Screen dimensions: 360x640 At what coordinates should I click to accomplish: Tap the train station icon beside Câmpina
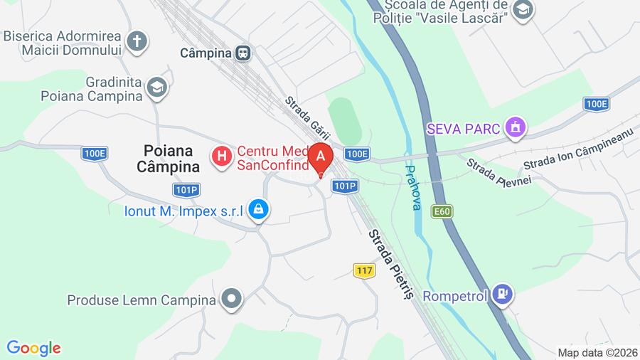[x=244, y=53]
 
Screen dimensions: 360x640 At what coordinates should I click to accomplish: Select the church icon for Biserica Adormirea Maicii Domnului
[x=137, y=41]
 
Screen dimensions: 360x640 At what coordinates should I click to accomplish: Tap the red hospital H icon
[x=222, y=155]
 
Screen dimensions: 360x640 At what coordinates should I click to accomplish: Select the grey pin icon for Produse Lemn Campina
[x=231, y=300]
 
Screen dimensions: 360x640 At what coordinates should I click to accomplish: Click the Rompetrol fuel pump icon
[x=503, y=293]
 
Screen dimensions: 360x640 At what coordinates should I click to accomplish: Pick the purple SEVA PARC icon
[x=514, y=128]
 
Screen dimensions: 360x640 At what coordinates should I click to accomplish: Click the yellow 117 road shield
[x=364, y=270]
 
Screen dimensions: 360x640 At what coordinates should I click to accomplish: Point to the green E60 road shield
[x=441, y=211]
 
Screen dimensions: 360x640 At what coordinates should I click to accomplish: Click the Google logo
[x=33, y=348]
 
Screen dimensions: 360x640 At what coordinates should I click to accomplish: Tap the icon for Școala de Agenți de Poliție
[x=523, y=11]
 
